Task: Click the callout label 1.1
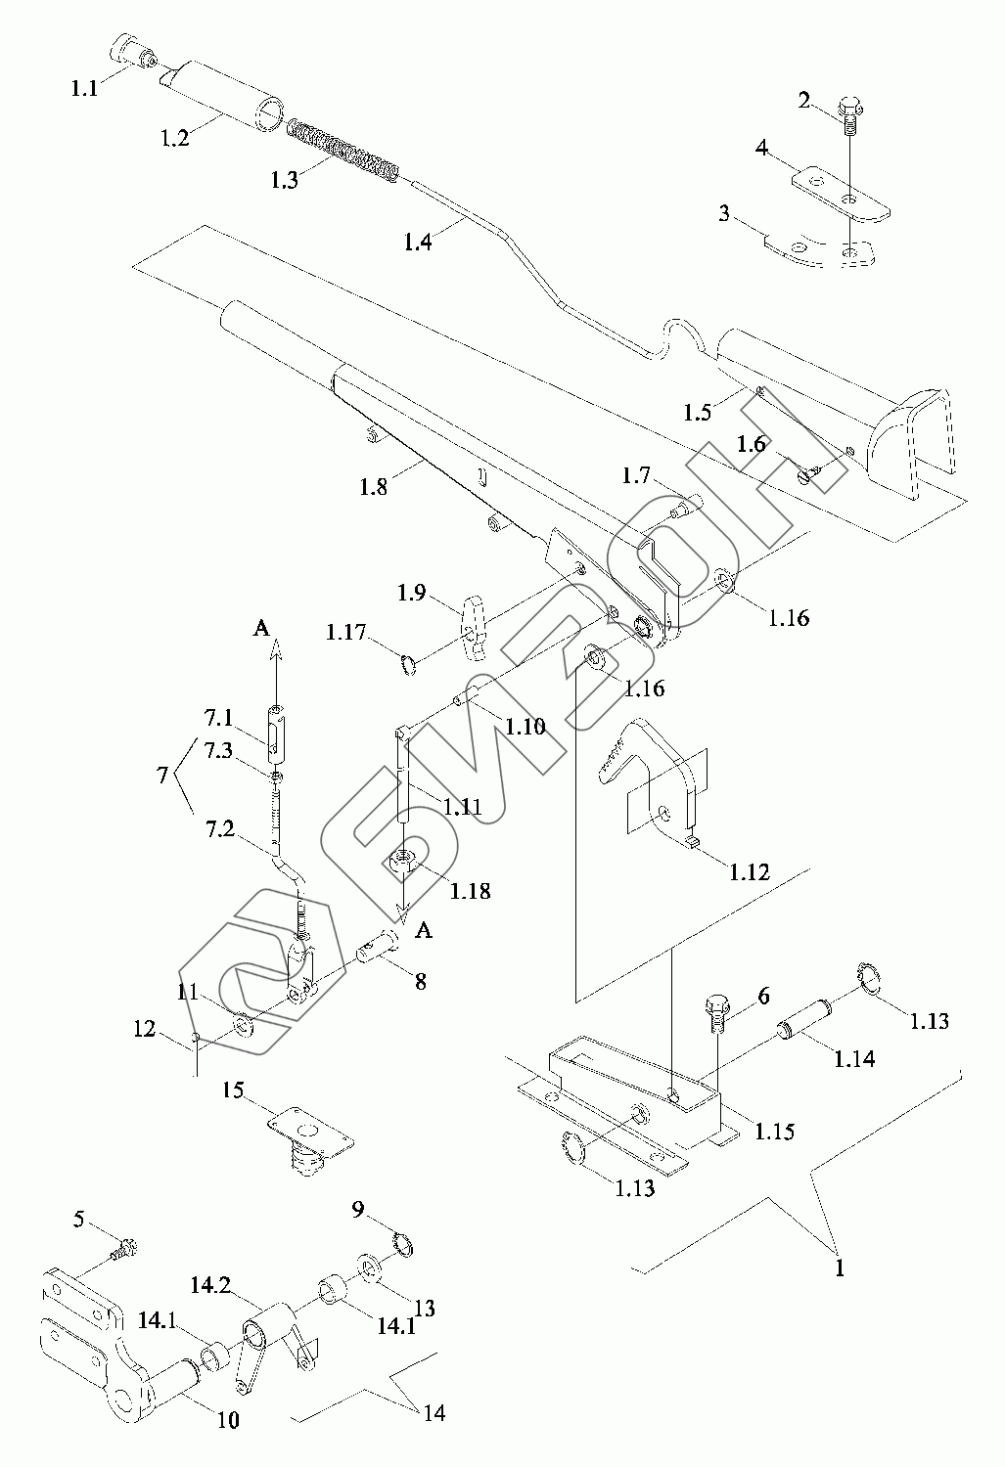point(84,88)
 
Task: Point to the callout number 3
point(724,213)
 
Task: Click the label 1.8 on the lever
point(374,486)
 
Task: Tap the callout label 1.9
point(410,593)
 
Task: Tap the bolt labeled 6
point(716,1013)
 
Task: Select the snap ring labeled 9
point(401,1244)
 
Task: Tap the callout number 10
point(227,1419)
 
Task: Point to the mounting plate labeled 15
point(309,1135)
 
